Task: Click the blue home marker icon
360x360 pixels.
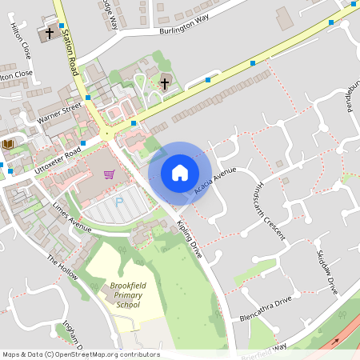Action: [180, 173]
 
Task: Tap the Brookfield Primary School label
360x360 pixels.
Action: [121, 294]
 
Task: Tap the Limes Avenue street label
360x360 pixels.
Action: [72, 214]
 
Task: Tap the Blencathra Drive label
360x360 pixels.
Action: [266, 310]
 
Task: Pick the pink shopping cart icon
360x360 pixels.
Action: [109, 174]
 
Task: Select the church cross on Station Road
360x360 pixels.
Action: [50, 34]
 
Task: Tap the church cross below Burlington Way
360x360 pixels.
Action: [165, 82]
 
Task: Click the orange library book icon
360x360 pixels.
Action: [9, 144]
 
